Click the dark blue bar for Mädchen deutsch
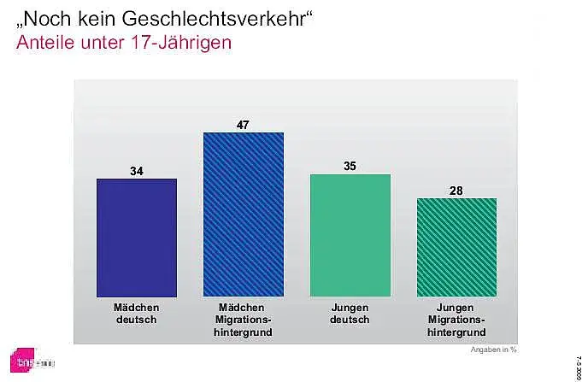pos(137,237)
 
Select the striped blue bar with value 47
pos(244,214)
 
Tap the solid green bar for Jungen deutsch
pos(350,235)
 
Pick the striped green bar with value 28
pos(456,247)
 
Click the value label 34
pos(137,171)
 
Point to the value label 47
pos(244,125)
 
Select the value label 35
pos(350,166)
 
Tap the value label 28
pos(456,190)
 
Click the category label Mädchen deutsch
pos(137,313)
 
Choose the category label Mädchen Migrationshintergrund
pos(244,319)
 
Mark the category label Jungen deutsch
pos(350,313)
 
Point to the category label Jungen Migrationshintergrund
pos(456,319)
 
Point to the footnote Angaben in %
pos(494,349)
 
